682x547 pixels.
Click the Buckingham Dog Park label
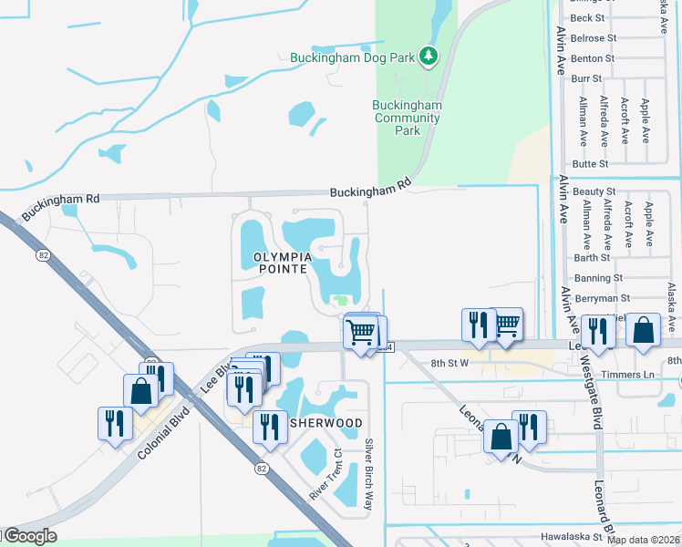[353, 57]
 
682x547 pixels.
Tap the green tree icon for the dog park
[429, 57]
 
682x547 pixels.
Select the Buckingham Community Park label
[407, 118]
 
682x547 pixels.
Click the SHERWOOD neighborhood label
[326, 423]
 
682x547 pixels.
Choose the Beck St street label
[587, 18]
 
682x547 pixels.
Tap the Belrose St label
[594, 38]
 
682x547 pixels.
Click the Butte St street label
[591, 163]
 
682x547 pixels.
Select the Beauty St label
[595, 191]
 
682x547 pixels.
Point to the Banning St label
[598, 278]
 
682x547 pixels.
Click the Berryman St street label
[601, 298]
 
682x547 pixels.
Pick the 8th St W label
[449, 363]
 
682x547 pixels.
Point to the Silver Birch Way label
[369, 474]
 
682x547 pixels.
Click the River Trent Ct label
[325, 473]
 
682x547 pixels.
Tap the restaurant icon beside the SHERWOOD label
[269, 425]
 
